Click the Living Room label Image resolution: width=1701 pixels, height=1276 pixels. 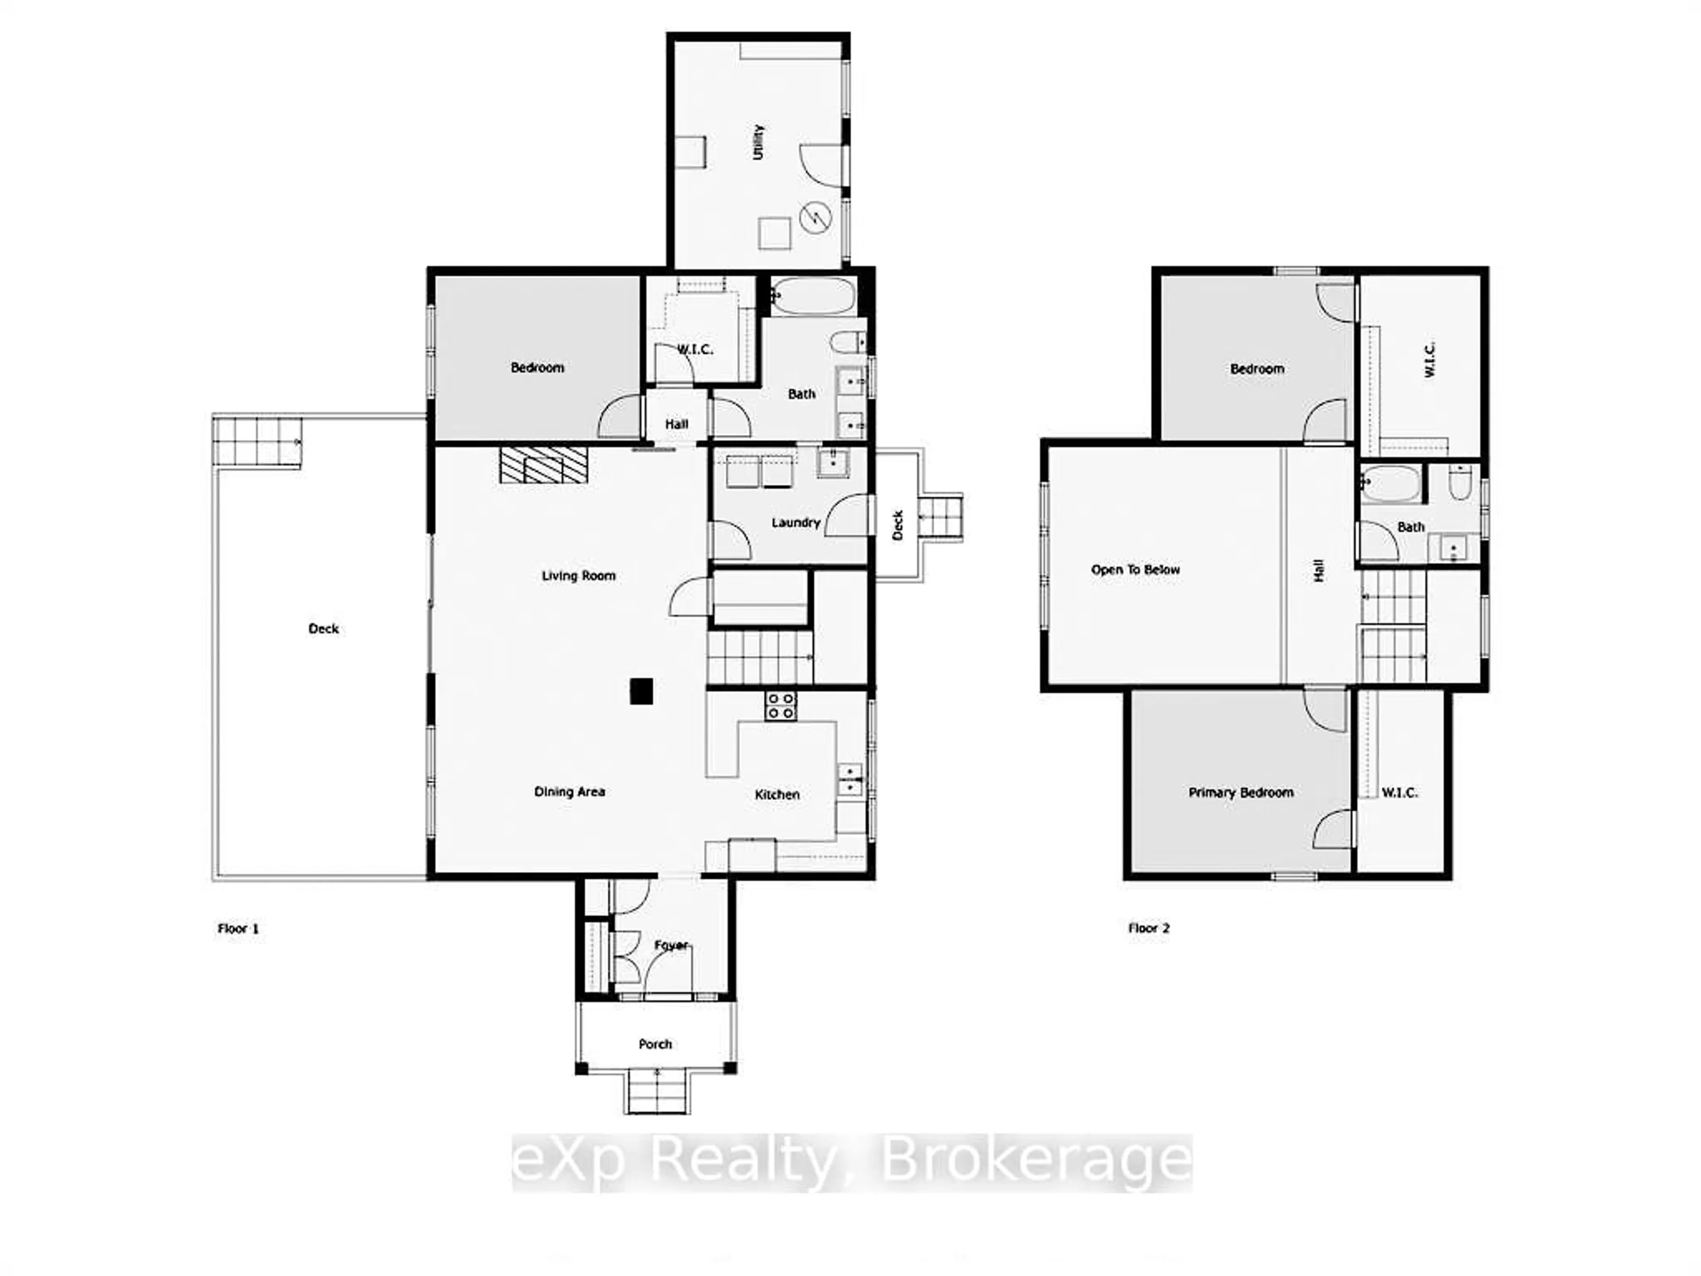coord(578,576)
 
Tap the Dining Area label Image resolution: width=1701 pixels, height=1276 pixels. coord(569,791)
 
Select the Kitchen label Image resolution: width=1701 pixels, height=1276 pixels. coord(777,794)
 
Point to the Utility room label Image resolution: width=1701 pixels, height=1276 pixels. coord(758,142)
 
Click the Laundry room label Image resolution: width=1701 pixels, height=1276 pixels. coord(795,522)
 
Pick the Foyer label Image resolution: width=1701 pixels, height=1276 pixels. coord(671,945)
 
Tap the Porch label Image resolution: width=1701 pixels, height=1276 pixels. coord(655,1044)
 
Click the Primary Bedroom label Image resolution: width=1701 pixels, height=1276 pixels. coord(1240,792)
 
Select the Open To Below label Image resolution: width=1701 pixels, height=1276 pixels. coord(1135,570)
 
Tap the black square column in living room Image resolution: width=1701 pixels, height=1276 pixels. coord(641,691)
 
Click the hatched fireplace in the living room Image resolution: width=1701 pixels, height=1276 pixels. coord(543,465)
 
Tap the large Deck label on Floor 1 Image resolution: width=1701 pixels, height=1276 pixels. coord(323,628)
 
